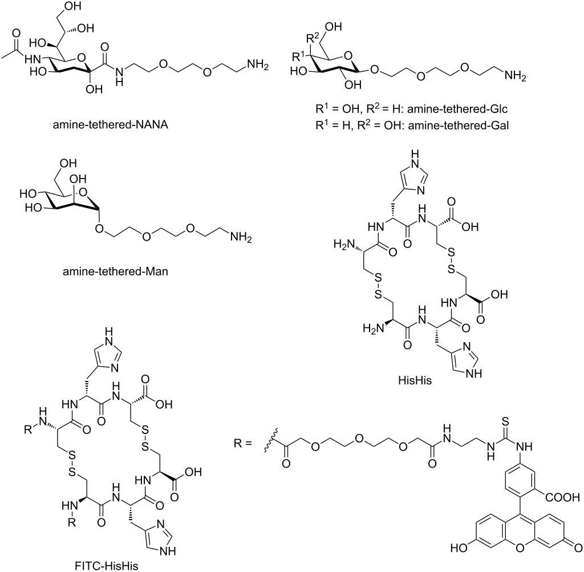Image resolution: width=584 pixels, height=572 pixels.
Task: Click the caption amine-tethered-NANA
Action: tap(110, 124)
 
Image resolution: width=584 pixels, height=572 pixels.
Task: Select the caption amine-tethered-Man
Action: tap(115, 271)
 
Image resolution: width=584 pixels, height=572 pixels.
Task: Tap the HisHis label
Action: tap(415, 380)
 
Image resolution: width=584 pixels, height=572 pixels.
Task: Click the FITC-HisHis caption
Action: tap(107, 566)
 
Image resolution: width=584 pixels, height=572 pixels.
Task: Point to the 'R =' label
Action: tap(243, 444)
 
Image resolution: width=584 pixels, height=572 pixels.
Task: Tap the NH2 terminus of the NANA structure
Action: tap(257, 65)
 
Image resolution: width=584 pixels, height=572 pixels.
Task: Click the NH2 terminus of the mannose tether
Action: tap(241, 237)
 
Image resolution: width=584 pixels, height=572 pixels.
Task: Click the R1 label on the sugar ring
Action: tap(298, 56)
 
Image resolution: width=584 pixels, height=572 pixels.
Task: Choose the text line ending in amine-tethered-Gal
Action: tap(412, 125)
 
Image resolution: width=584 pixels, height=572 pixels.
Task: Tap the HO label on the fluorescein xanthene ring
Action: tap(459, 548)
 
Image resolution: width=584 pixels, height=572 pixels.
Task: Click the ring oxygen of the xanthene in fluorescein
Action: tap(520, 547)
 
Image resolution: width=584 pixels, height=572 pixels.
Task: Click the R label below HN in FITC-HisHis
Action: tap(71, 522)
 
